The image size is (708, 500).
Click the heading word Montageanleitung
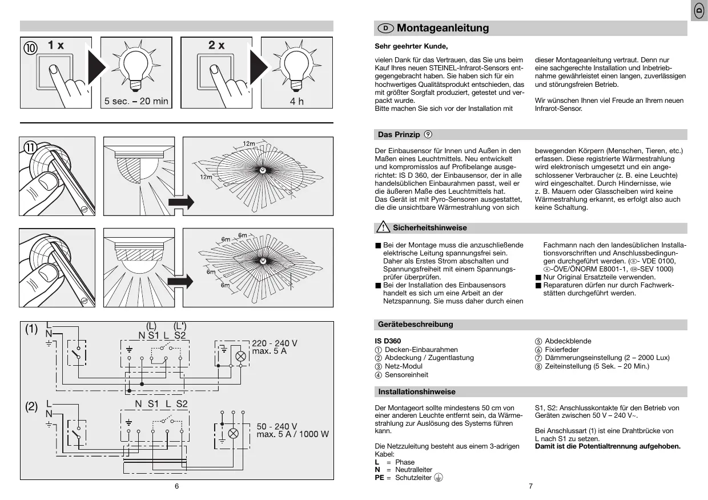pyautogui.click(x=442, y=28)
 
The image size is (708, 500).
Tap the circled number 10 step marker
pyautogui.click(x=31, y=47)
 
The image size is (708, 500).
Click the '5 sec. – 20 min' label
pyautogui.click(x=136, y=101)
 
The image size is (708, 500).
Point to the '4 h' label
pyautogui.click(x=297, y=101)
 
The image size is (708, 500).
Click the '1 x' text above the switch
pyautogui.click(x=56, y=45)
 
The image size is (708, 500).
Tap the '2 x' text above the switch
pyautogui.click(x=216, y=45)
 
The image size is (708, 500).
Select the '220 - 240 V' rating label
pyautogui.click(x=275, y=343)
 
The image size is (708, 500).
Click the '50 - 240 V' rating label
pyautogui.click(x=277, y=426)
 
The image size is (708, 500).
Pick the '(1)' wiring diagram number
pyautogui.click(x=31, y=330)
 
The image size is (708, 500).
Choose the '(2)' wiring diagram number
pyautogui.click(x=31, y=407)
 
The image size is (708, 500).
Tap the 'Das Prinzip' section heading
pyautogui.click(x=399, y=135)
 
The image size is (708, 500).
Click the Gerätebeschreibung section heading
pyautogui.click(x=415, y=324)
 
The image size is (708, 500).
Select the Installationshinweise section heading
pyautogui.click(x=417, y=391)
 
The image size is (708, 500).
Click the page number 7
pyautogui.click(x=530, y=486)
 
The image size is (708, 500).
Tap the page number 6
pyautogui.click(x=176, y=486)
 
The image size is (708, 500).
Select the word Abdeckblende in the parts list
pyautogui.click(x=568, y=341)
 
